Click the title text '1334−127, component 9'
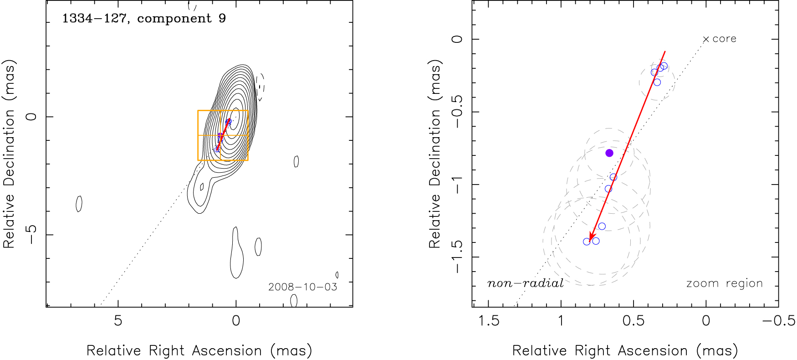[144, 19]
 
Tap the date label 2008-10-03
[302, 287]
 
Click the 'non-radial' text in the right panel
[525, 283]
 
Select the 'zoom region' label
[724, 283]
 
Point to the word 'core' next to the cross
[724, 39]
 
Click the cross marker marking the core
[706, 40]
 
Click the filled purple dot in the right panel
[609, 153]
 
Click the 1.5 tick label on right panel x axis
[489, 321]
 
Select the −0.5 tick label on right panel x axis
[778, 321]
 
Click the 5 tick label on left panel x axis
[118, 321]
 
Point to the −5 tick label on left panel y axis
[31, 234]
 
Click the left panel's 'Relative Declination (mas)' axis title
[9, 154]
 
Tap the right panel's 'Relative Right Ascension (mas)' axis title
[625, 350]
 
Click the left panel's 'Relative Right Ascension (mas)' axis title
[199, 350]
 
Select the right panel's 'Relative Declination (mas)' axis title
[435, 154]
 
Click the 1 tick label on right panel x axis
[561, 321]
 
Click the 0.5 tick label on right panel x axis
[633, 321]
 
